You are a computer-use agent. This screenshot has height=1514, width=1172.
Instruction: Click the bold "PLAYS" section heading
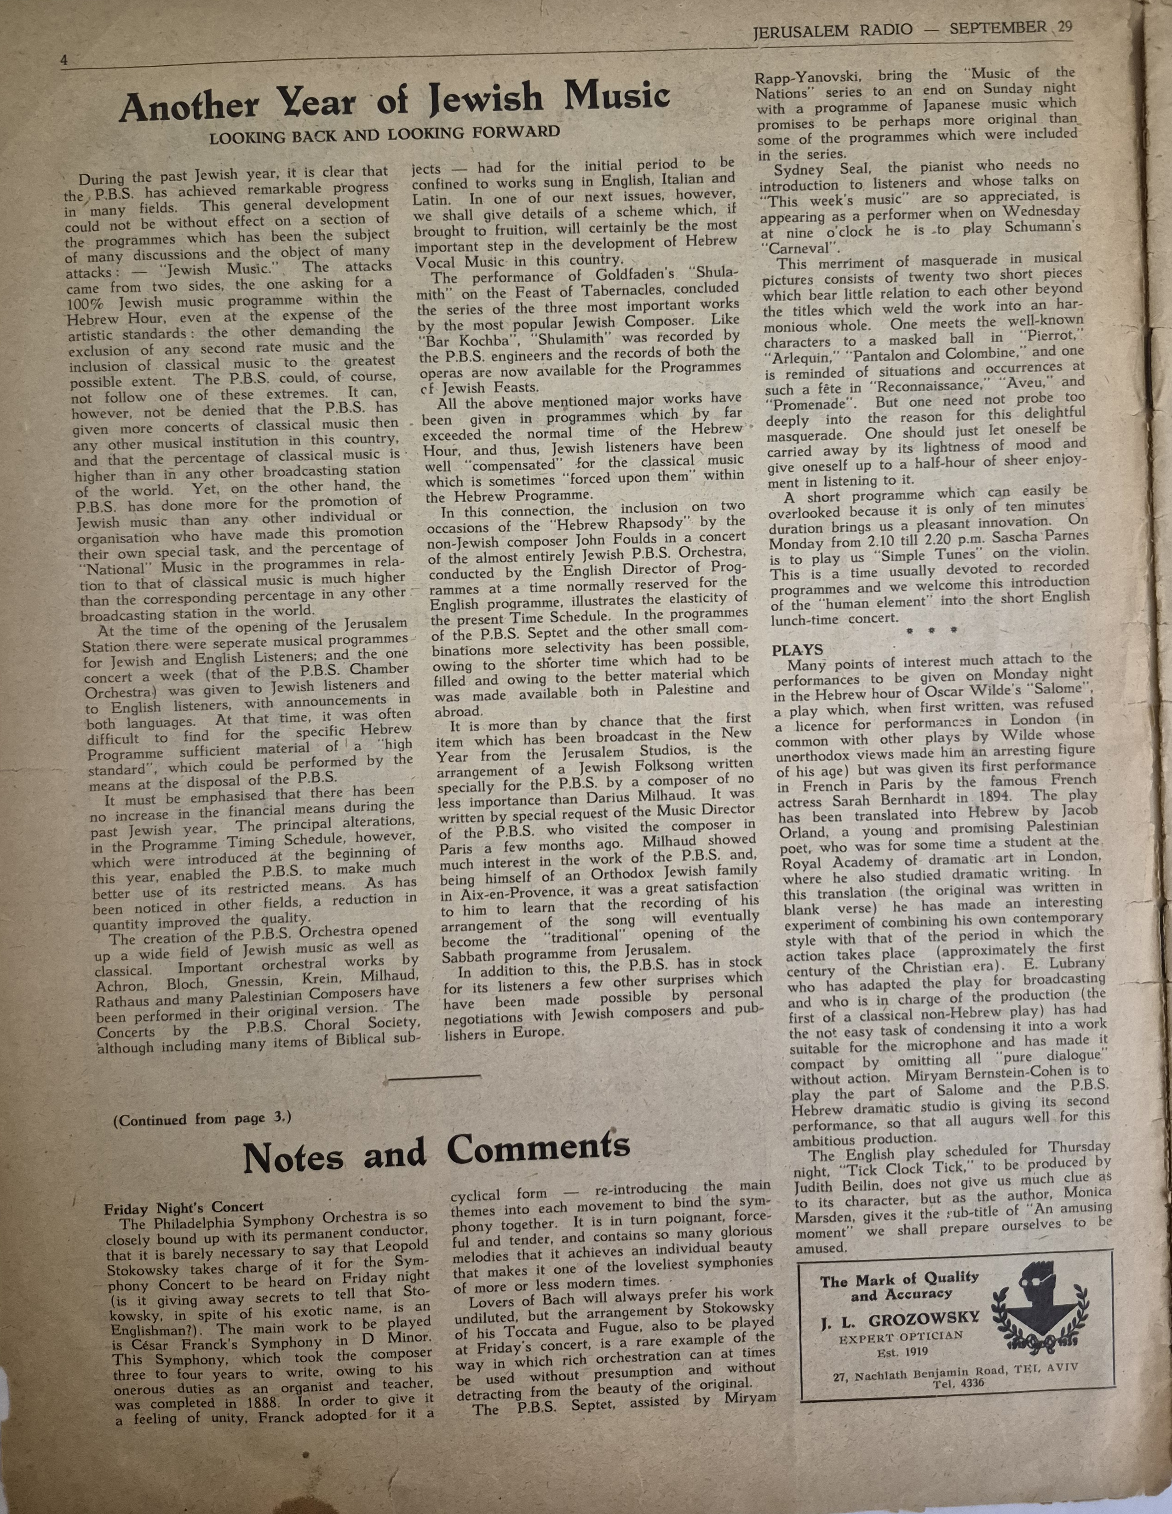tap(798, 649)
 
